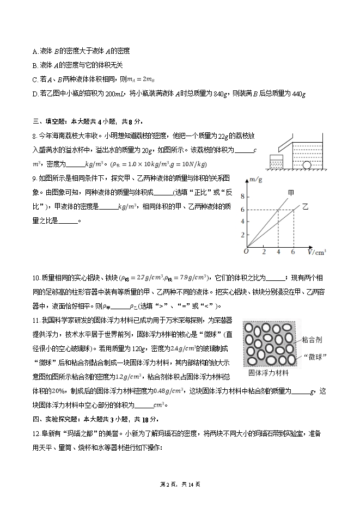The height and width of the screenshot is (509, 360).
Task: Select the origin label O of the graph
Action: pos(246,252)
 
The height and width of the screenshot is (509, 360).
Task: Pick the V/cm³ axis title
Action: pos(316,252)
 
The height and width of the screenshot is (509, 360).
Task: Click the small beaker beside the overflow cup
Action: pos(277,162)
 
